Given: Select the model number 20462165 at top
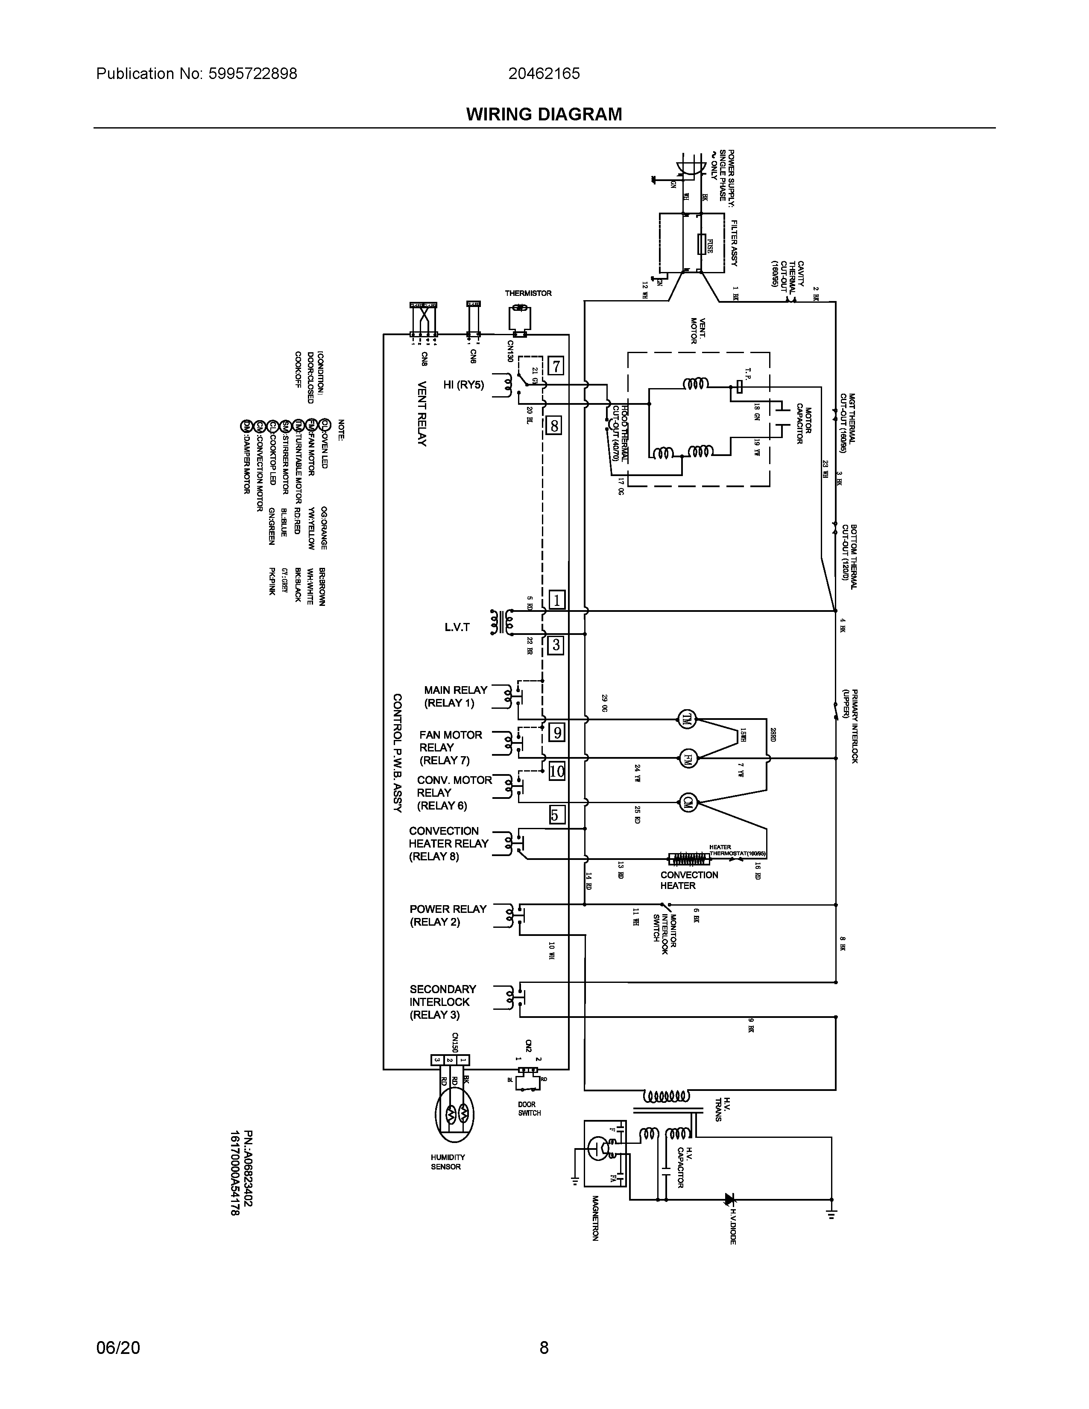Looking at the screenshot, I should pyautogui.click(x=544, y=73).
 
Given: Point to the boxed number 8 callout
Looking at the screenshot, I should pyautogui.click(x=553, y=426).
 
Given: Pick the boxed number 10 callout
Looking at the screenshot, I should pyautogui.click(x=556, y=771).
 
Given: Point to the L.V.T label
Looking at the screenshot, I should pyautogui.click(x=457, y=626).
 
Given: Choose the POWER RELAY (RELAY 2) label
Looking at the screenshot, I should pyautogui.click(x=447, y=915).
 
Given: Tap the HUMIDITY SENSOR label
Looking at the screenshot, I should pyautogui.click(x=448, y=1180).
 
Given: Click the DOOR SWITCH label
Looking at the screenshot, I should pyautogui.click(x=529, y=1108).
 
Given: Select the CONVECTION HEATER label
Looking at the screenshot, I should pyautogui.click(x=688, y=880).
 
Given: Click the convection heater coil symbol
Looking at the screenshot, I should pyautogui.click(x=689, y=859).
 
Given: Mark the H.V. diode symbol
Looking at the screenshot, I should pyautogui.click(x=730, y=1199).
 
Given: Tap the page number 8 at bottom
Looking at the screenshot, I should pyautogui.click(x=544, y=1347).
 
